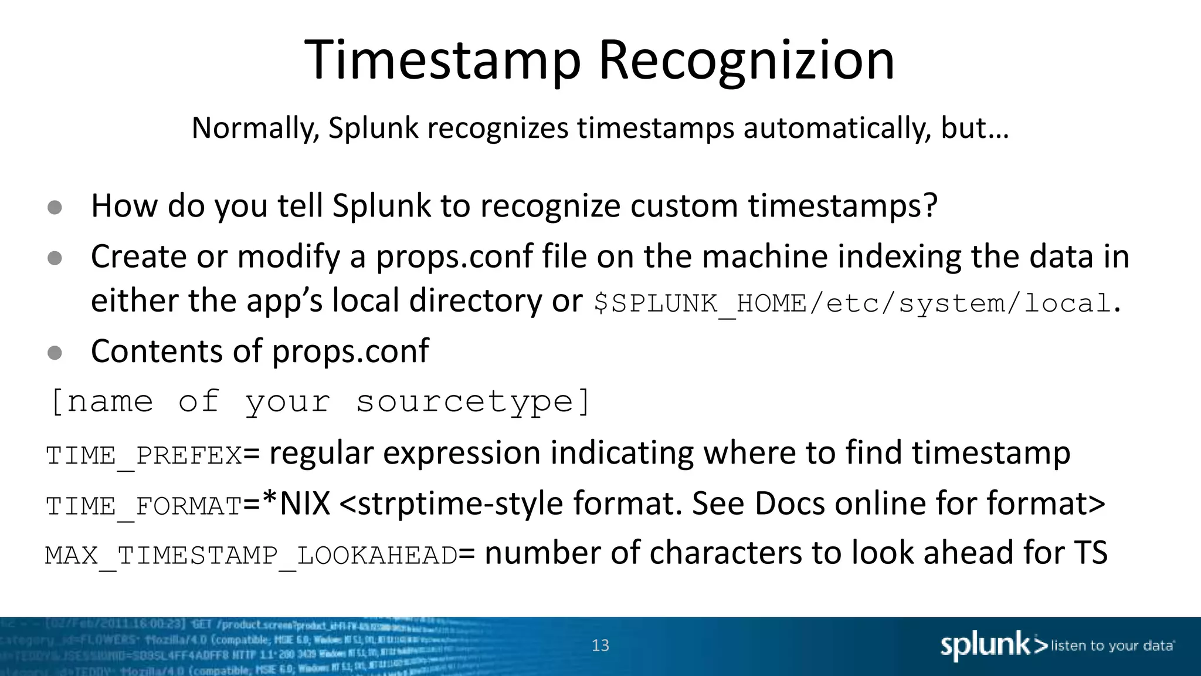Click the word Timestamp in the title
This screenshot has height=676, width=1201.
443,60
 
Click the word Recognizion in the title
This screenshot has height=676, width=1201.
746,60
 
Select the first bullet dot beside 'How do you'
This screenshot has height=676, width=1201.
55,207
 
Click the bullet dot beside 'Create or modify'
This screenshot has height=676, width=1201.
55,258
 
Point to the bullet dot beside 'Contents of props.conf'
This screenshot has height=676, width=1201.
55,352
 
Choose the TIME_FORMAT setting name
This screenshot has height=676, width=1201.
144,506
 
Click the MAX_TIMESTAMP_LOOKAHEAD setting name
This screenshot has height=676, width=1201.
251,556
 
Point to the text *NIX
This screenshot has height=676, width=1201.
296,503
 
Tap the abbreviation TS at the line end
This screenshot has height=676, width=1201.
1090,553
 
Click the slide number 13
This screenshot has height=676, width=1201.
600,645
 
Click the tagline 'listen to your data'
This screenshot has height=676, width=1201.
1112,645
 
